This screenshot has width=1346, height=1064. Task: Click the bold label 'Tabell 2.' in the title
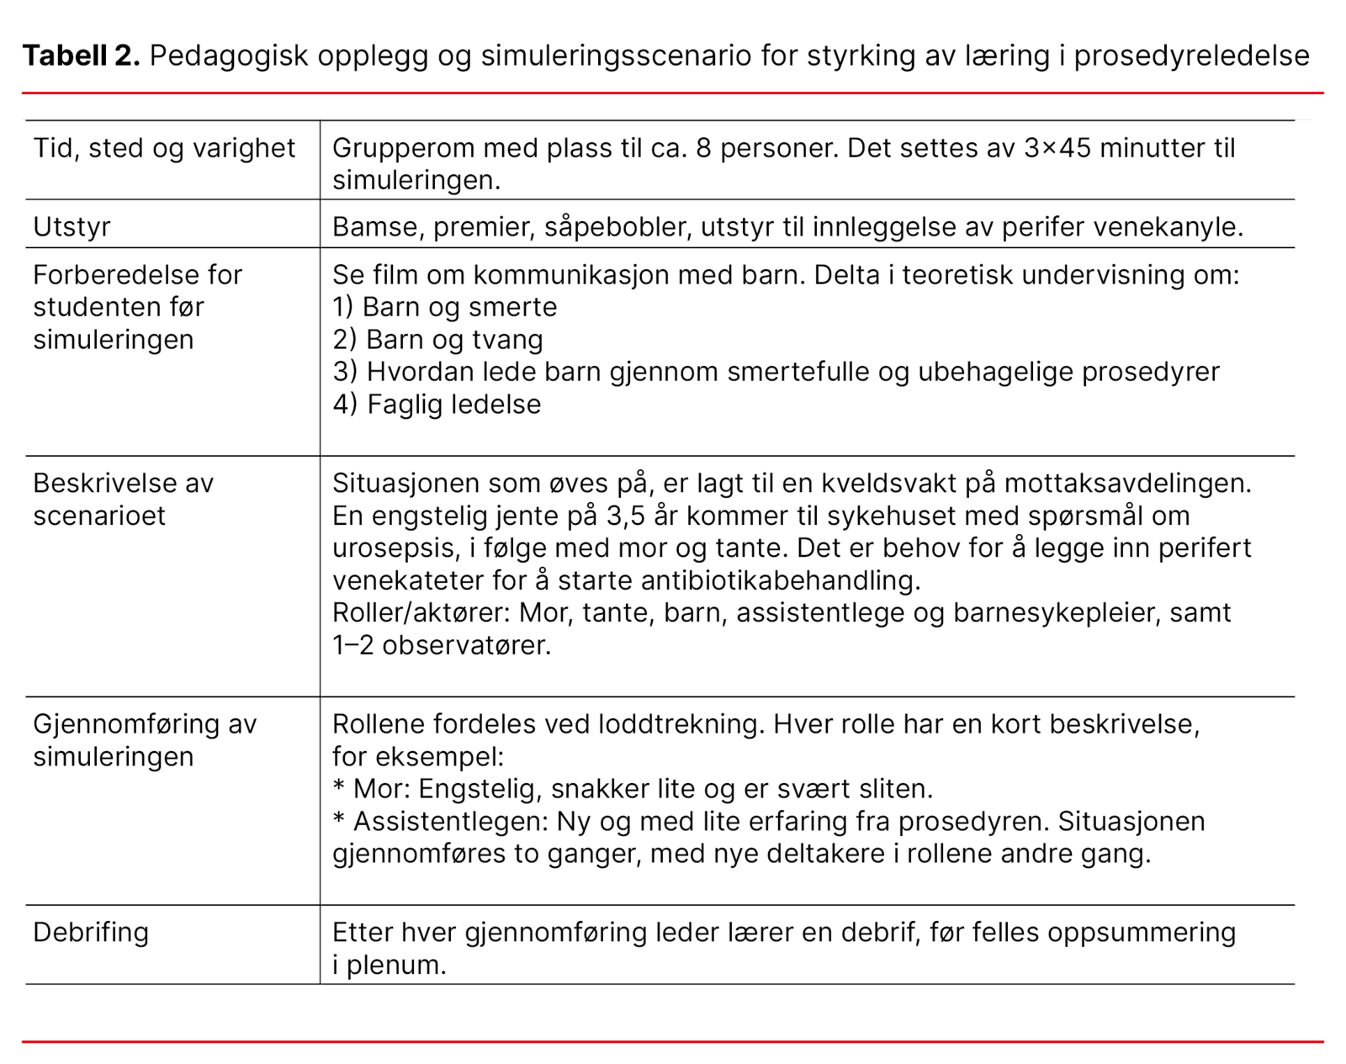pyautogui.click(x=81, y=56)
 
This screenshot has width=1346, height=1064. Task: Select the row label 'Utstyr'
pyautogui.click(x=72, y=227)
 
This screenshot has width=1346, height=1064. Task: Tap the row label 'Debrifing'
pyautogui.click(x=91, y=932)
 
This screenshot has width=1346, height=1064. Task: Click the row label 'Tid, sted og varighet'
pyautogui.click(x=164, y=148)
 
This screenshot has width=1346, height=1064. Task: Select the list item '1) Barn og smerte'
pyautogui.click(x=445, y=307)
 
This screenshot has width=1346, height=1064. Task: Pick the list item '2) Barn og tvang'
pyautogui.click(x=438, y=340)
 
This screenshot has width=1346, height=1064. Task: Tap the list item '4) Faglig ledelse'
pyautogui.click(x=437, y=405)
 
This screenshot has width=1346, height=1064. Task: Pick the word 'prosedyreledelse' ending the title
pyautogui.click(x=1191, y=56)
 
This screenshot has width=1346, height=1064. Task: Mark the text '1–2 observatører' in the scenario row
pyautogui.click(x=442, y=645)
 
